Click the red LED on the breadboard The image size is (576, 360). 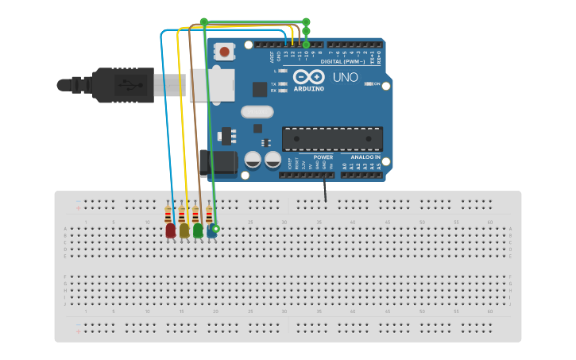click(170, 230)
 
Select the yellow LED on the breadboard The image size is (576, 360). click(184, 230)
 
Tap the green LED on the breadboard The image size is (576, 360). click(198, 230)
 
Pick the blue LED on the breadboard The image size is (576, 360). click(211, 230)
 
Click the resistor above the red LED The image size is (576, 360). click(168, 215)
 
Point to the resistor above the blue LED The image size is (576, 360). click(209, 215)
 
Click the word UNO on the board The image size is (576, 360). click(345, 78)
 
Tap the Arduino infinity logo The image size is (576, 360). click(308, 77)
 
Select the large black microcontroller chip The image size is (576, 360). click(332, 138)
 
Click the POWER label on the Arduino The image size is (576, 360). click(323, 157)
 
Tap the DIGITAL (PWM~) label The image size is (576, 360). click(342, 61)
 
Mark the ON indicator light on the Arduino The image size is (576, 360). click(367, 83)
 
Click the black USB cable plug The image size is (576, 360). click(119, 85)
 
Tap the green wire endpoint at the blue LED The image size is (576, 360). click(215, 228)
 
